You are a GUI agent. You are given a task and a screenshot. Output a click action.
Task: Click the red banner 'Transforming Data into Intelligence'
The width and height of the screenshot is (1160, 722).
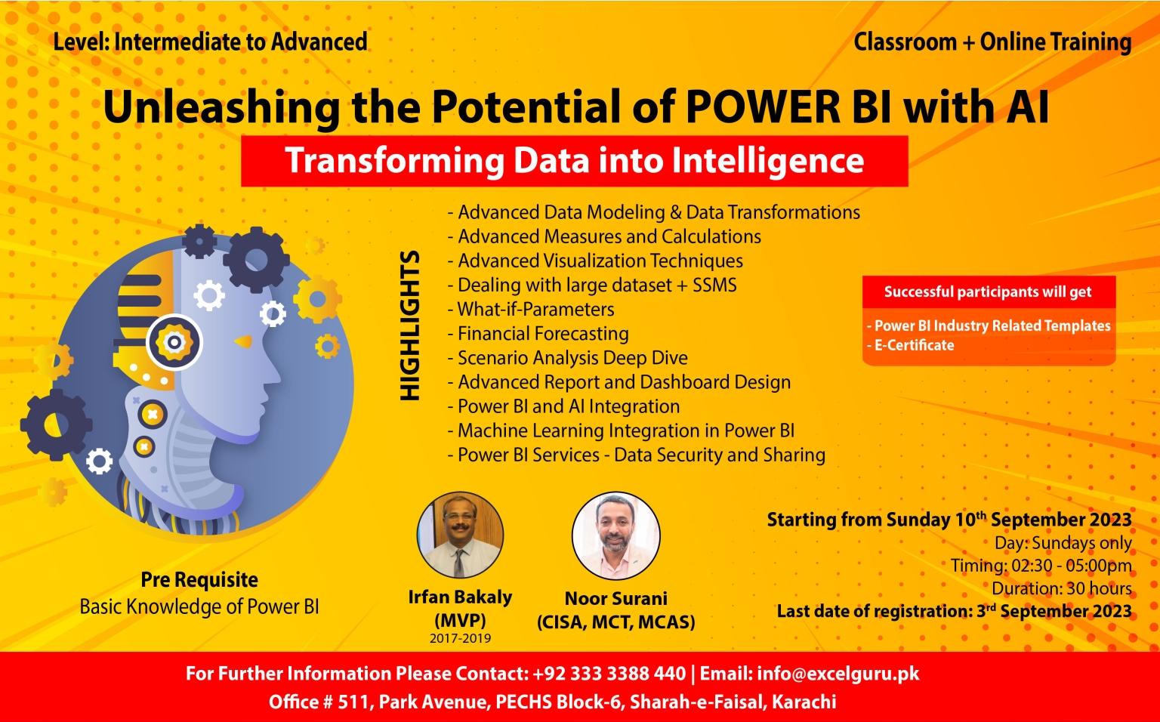click(574, 161)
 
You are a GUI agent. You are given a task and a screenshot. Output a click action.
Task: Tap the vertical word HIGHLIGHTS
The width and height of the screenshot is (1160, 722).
click(409, 326)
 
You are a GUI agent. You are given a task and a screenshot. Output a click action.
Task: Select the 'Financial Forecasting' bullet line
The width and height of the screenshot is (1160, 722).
click(542, 333)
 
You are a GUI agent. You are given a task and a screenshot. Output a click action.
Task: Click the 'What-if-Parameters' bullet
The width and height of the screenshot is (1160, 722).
click(535, 309)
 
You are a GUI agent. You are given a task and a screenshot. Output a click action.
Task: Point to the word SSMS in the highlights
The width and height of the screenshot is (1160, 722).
click(714, 285)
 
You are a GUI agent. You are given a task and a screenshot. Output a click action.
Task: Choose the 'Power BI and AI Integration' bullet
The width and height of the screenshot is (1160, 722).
click(568, 406)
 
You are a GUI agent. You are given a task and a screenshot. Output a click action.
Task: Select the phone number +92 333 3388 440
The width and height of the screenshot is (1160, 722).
click(609, 673)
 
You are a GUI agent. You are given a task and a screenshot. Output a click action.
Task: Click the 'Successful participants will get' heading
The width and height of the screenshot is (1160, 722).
click(988, 292)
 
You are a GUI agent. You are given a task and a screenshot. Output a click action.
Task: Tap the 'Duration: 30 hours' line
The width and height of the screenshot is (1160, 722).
click(1061, 588)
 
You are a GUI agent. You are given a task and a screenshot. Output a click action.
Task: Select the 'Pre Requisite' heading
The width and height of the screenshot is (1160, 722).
click(199, 580)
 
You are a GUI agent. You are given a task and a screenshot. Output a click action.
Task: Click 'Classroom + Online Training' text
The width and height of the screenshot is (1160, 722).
click(992, 42)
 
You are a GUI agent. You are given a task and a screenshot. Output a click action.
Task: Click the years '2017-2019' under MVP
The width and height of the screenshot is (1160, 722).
click(460, 638)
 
